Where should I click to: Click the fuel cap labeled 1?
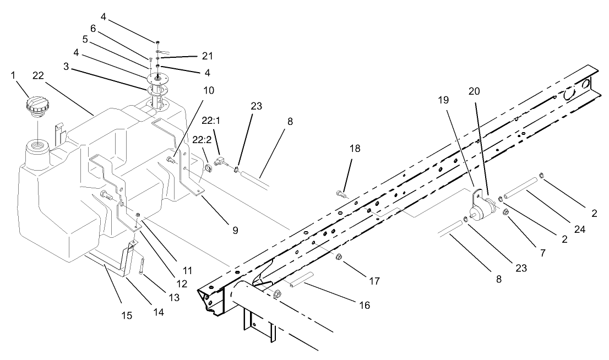tap(36, 105)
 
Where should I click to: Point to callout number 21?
tap(192, 56)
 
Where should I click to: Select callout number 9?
tap(235, 230)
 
